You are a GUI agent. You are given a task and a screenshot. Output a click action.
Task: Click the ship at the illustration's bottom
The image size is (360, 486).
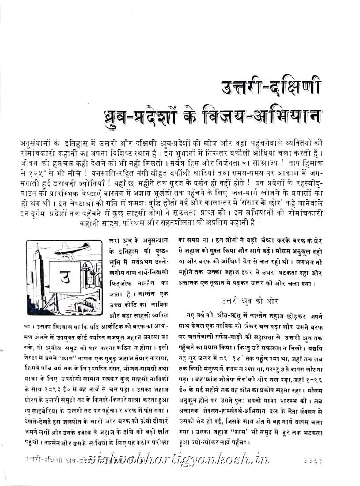click(x=84, y=305)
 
